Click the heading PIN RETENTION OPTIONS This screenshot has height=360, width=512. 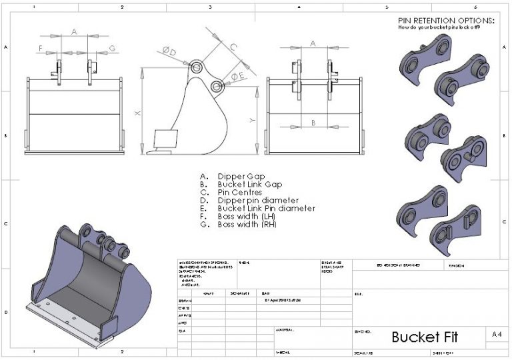tap(446, 21)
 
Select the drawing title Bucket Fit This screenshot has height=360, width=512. tap(425, 337)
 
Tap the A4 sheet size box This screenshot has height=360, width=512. tap(496, 335)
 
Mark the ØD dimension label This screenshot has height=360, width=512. tap(169, 51)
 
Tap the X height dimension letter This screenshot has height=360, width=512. tap(137, 113)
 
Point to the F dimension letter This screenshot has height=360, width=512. tap(41, 48)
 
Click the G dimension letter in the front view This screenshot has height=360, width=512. tap(112, 48)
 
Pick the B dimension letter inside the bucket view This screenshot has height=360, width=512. tap(313, 122)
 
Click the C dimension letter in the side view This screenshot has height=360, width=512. tap(233, 47)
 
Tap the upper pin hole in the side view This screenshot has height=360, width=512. tap(197, 67)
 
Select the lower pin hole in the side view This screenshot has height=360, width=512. tap(215, 86)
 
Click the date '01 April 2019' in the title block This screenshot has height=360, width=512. tap(279, 300)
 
